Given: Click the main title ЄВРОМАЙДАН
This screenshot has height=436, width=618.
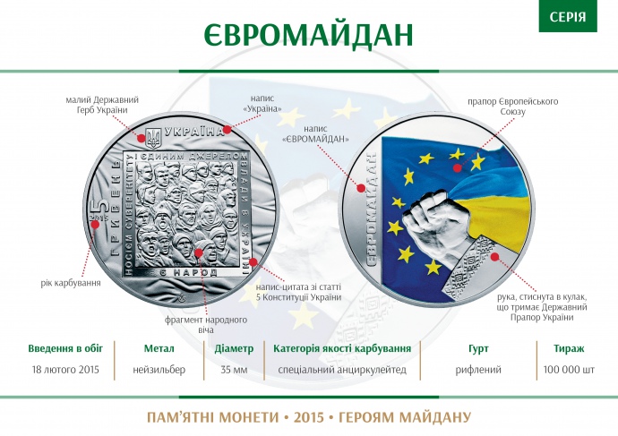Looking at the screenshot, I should coord(309,34).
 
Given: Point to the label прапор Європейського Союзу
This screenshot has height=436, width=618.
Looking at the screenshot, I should coord(512,107).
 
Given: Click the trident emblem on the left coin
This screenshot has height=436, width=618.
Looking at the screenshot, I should coord(152,138).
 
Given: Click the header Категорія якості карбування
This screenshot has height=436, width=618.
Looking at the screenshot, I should coord(342,347).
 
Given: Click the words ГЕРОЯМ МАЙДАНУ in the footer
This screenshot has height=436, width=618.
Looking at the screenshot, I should coord(415,417).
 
